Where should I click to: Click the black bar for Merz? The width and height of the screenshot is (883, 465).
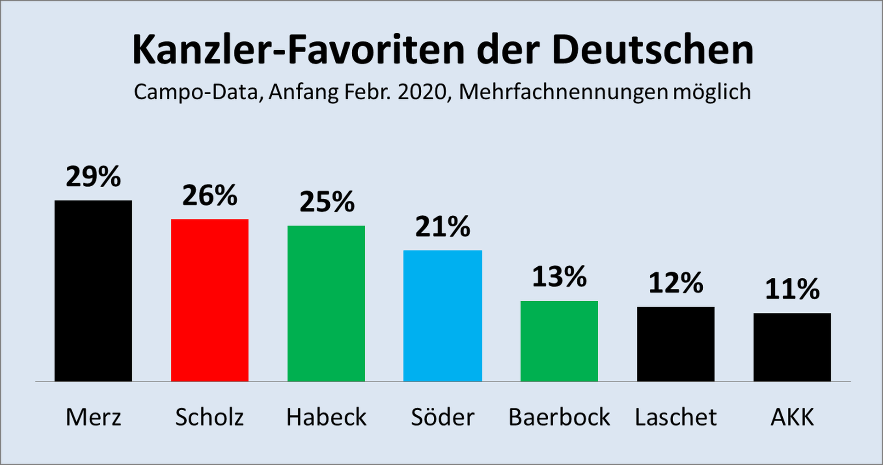(x=93, y=291)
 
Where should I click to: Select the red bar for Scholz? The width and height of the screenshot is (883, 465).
(x=210, y=300)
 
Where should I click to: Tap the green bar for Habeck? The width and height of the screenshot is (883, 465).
(x=326, y=303)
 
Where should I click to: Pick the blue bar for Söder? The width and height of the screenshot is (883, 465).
(x=442, y=316)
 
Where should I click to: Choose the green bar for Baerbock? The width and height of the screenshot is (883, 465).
(x=559, y=341)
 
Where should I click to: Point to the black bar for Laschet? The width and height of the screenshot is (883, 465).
(x=676, y=344)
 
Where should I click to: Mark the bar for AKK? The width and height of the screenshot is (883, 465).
(x=792, y=347)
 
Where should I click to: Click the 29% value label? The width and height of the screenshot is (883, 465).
(x=93, y=177)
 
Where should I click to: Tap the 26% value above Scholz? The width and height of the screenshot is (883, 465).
(x=210, y=195)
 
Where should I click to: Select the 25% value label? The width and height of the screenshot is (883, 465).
(x=327, y=202)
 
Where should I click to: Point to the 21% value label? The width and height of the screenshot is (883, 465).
(x=442, y=227)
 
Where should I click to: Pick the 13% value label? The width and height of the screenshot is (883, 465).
(x=559, y=277)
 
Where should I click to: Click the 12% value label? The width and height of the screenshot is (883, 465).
(x=676, y=283)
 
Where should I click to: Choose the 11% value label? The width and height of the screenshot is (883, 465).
(x=792, y=289)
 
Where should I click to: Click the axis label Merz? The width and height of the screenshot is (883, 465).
(x=93, y=417)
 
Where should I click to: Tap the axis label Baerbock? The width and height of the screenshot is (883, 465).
(x=559, y=417)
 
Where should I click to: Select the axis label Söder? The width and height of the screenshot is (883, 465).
(x=442, y=417)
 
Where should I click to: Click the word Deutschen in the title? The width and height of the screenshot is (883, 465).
(x=653, y=50)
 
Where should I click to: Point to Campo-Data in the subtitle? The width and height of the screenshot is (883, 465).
(x=196, y=92)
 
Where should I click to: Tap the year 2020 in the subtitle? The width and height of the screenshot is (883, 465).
(x=422, y=92)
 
